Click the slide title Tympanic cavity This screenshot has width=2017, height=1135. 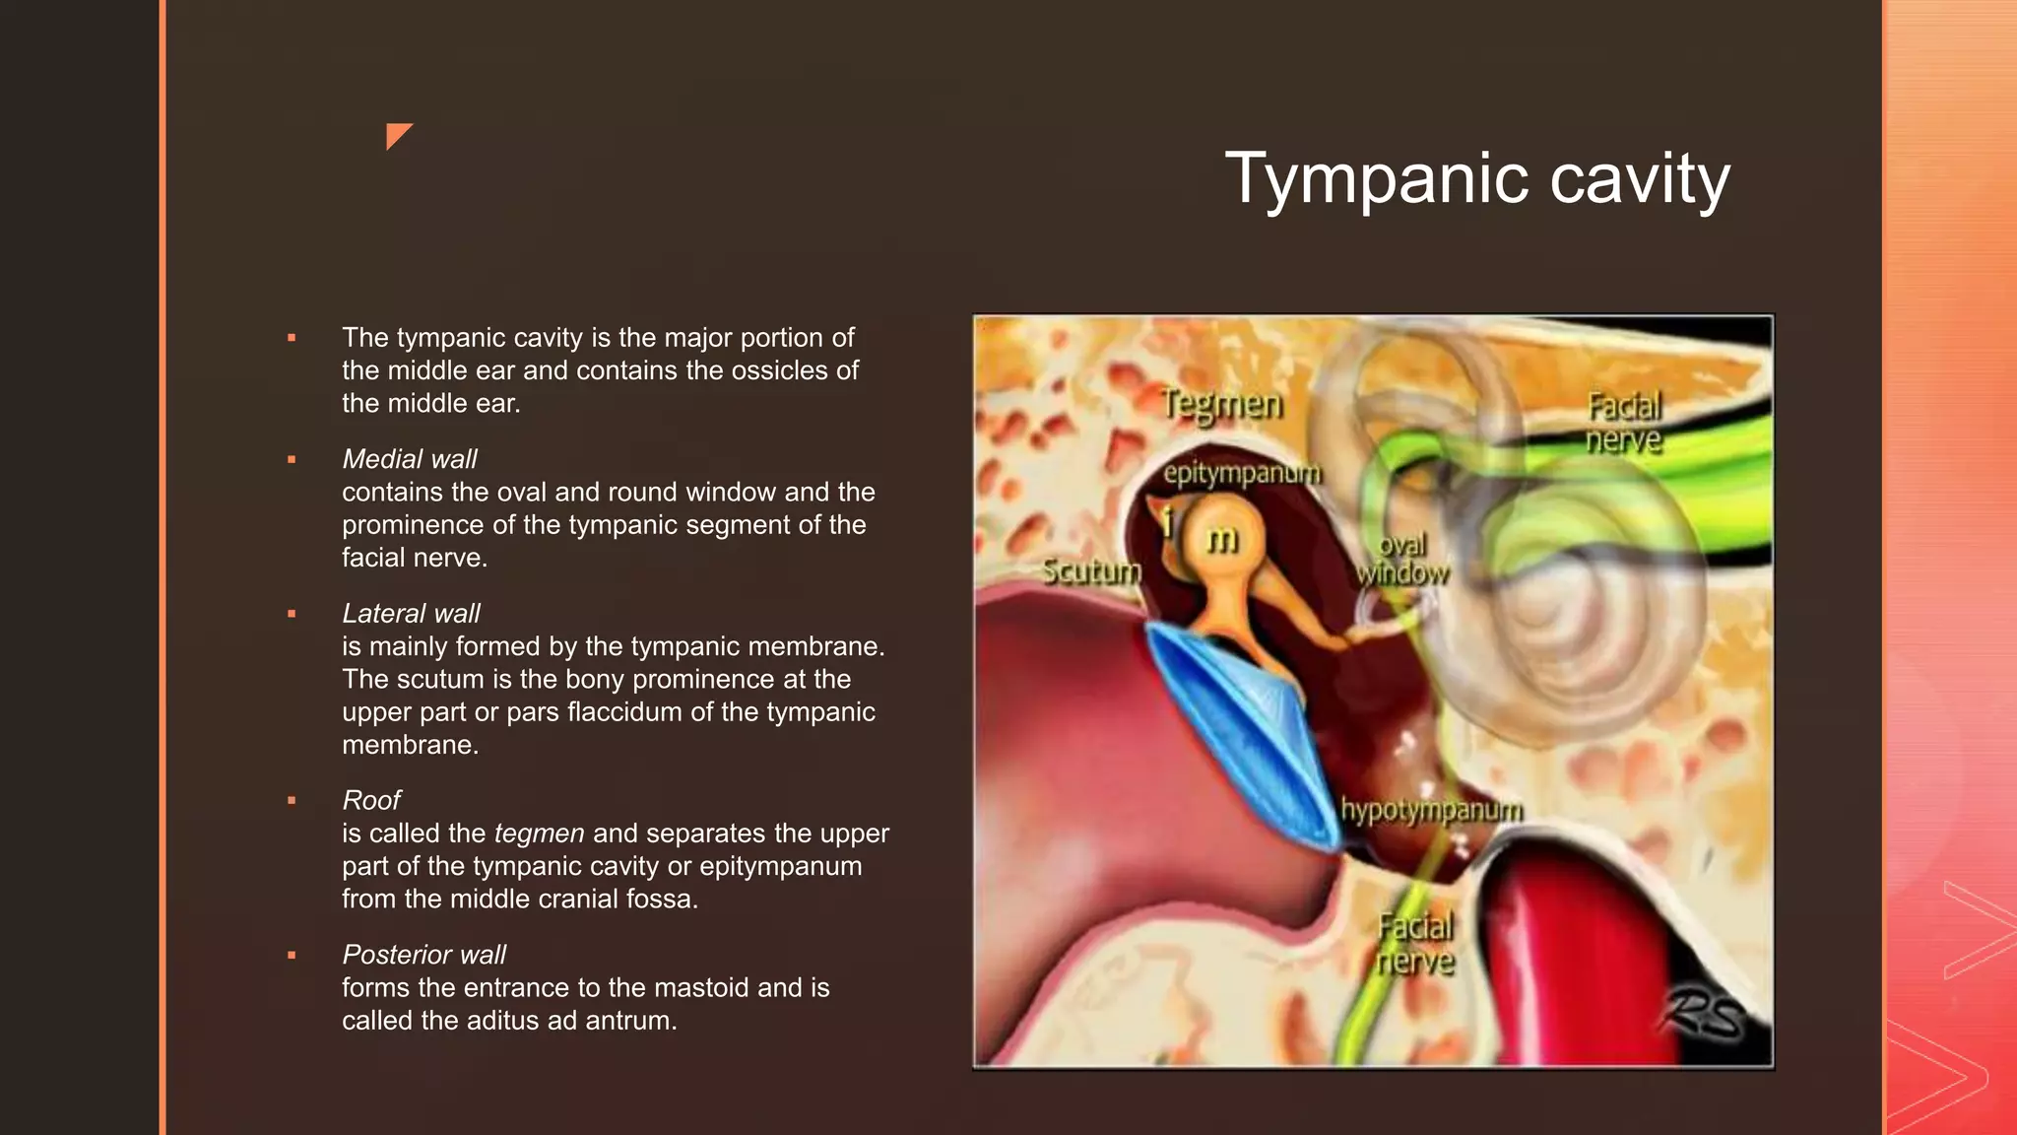pyautogui.click(x=1476, y=179)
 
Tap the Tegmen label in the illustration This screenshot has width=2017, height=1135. pyautogui.click(x=1221, y=404)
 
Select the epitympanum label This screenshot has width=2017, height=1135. pyautogui.click(x=1241, y=474)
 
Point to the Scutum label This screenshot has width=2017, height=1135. pyautogui.click(x=1091, y=571)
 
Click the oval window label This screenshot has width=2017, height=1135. pyautogui.click(x=1402, y=560)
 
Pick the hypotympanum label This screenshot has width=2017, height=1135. pyautogui.click(x=1431, y=810)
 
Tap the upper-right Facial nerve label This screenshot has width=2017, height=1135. pyautogui.click(x=1624, y=423)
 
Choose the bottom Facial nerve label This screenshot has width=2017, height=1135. pyautogui.click(x=1415, y=944)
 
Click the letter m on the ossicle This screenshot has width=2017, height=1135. pyautogui.click(x=1222, y=539)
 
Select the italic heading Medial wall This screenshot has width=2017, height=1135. pyautogui.click(x=409, y=459)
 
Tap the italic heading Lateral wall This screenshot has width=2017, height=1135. pyautogui.click(x=411, y=614)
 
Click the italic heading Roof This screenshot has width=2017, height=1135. pyautogui.click(x=371, y=800)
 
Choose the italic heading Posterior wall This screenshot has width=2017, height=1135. pyautogui.click(x=423, y=955)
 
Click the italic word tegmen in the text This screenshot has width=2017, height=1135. pyautogui.click(x=539, y=834)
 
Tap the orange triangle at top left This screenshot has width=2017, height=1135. pyautogui.click(x=398, y=135)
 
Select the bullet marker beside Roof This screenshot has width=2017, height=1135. pyautogui.click(x=292, y=800)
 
